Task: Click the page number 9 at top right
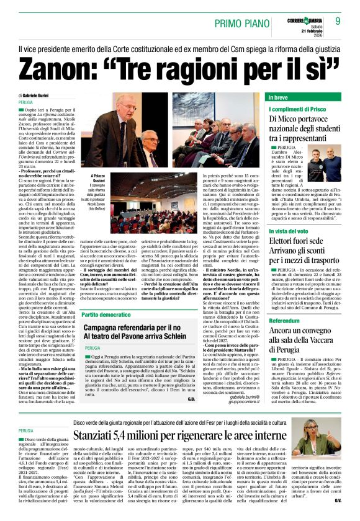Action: pyautogui.click(x=338, y=21)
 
